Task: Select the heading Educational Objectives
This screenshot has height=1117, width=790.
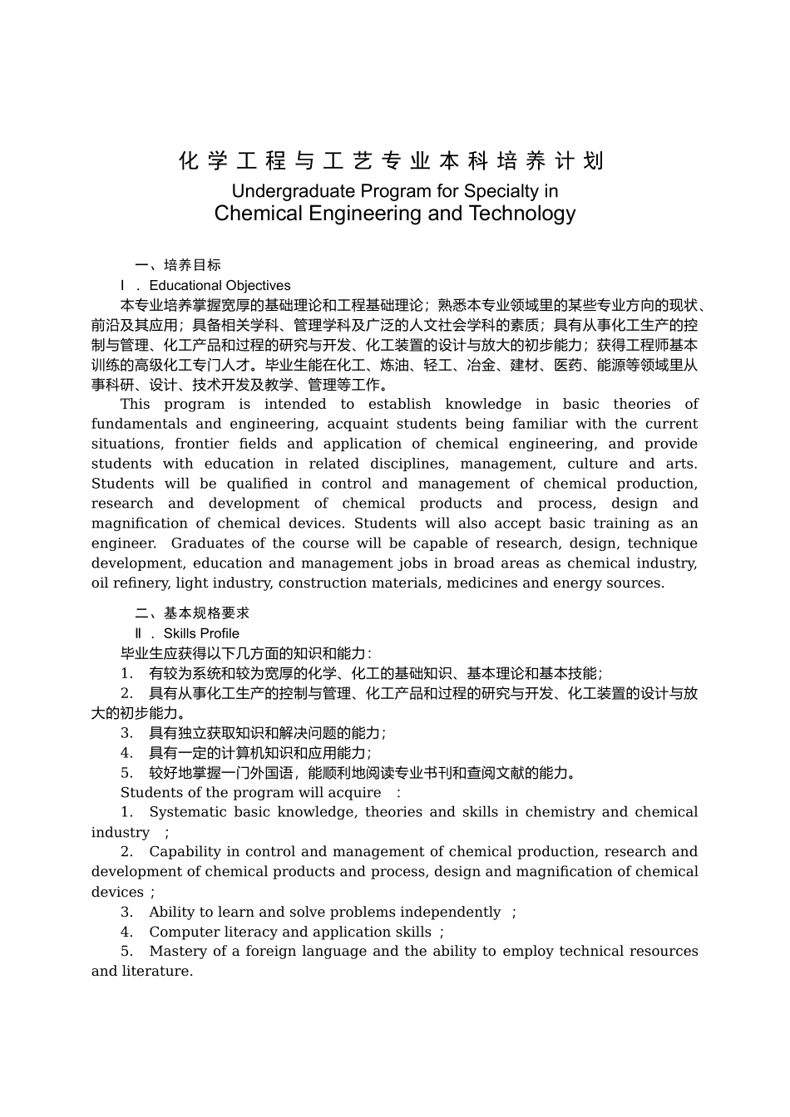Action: click(x=220, y=285)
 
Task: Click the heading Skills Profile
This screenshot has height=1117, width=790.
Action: click(x=201, y=633)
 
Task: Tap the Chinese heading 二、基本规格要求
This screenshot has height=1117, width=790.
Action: click(x=192, y=613)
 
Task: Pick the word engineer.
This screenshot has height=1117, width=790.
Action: click(x=123, y=544)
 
